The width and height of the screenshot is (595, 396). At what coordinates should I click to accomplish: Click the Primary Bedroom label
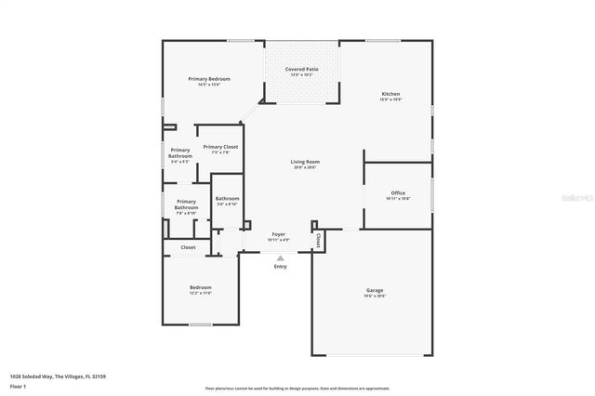209,79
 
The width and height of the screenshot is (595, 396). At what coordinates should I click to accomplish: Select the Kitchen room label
390,94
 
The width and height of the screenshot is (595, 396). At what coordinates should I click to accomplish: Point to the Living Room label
305,163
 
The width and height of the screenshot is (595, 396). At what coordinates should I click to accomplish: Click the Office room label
398,193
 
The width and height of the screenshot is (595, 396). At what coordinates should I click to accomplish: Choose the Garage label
374,291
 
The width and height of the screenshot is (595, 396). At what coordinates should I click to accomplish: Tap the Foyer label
279,234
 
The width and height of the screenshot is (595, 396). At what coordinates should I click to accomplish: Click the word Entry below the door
280,267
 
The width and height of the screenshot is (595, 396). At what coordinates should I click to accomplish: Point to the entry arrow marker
280,257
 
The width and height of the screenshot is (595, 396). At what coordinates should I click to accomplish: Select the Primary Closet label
220,147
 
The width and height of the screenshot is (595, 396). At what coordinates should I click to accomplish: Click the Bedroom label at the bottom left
201,287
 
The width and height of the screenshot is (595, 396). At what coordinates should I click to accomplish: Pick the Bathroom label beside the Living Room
228,198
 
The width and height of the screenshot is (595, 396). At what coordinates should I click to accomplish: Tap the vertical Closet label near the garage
318,240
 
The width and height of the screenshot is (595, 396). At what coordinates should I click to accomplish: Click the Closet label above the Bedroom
188,247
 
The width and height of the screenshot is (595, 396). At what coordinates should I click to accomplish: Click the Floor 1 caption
18,386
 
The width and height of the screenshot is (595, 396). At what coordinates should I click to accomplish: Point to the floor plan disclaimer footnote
311,389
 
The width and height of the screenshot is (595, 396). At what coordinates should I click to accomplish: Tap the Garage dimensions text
374,297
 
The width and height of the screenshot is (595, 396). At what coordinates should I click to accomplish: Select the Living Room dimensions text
305,168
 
